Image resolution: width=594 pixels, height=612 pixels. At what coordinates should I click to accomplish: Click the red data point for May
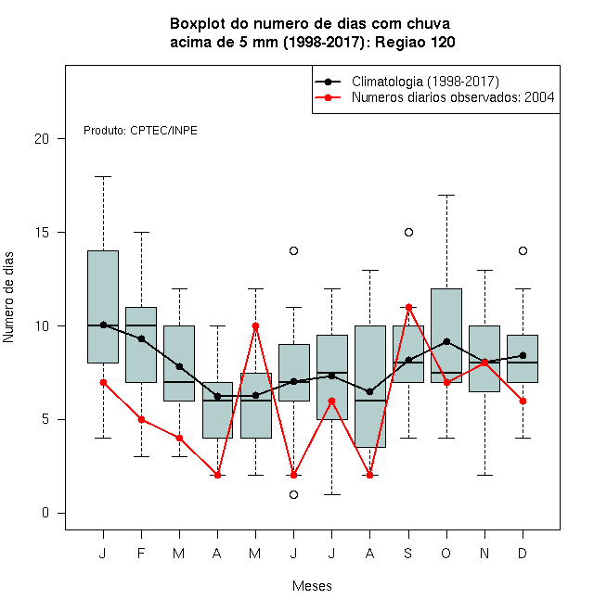point(255,325)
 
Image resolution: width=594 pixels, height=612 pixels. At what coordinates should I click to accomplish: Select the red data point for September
point(408,308)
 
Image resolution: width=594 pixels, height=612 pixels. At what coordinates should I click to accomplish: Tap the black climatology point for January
point(103,325)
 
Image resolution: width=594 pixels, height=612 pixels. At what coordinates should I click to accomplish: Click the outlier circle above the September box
point(408,232)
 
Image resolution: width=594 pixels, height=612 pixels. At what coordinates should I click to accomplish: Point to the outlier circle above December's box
point(523,250)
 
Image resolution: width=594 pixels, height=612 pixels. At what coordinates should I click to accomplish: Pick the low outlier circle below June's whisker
point(294,494)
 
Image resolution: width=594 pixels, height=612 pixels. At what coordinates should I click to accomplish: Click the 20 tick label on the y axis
point(42,139)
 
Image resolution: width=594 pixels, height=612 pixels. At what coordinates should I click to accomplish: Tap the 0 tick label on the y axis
point(45,513)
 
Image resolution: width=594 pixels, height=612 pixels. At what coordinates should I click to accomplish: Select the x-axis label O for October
point(445,553)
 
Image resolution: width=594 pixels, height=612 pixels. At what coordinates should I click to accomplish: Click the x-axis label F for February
point(141,553)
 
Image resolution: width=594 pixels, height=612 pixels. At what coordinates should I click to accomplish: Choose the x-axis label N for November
point(484,553)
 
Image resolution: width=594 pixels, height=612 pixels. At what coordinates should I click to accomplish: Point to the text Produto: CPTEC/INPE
point(140,131)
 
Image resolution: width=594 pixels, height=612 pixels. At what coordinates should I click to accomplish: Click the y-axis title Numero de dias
point(8,298)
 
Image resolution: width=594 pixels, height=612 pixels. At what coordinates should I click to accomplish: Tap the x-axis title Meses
point(312,586)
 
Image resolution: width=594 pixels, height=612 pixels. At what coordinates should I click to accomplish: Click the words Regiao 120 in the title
point(415,42)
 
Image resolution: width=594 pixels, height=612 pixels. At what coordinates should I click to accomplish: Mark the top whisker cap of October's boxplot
point(446,195)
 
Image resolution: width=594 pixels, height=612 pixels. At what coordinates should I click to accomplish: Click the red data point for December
point(523,401)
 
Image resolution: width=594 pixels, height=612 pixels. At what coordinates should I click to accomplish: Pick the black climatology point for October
point(446,341)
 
